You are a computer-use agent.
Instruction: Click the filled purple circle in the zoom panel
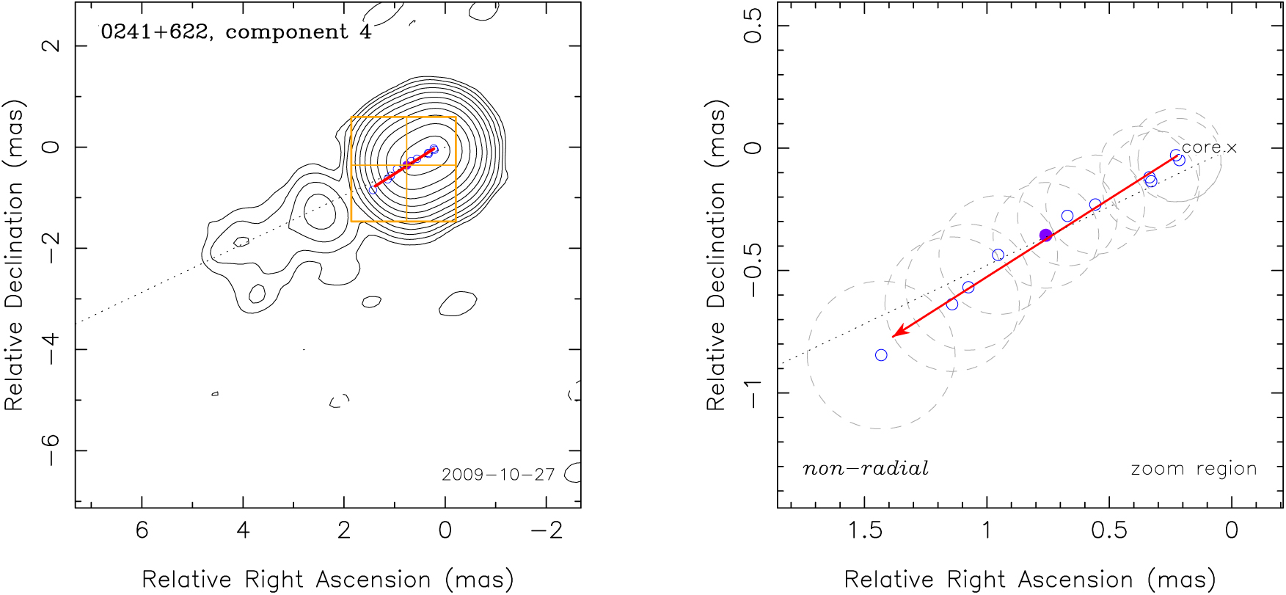click(1046, 235)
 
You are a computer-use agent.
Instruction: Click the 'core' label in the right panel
click(1201, 147)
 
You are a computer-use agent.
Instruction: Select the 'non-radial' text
click(866, 468)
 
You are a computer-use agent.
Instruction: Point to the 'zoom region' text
click(1194, 469)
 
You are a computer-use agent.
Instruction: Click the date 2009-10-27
click(498, 475)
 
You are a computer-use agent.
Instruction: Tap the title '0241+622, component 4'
click(236, 32)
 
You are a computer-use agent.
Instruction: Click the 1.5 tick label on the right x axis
click(865, 530)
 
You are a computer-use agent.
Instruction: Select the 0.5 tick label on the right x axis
click(1108, 530)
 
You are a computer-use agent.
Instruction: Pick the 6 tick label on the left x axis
click(142, 530)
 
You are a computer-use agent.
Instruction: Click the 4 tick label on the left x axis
click(243, 530)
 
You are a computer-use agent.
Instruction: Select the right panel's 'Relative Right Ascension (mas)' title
click(1030, 580)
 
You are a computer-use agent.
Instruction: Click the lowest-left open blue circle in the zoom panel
click(881, 355)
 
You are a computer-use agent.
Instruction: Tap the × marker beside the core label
click(1232, 148)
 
